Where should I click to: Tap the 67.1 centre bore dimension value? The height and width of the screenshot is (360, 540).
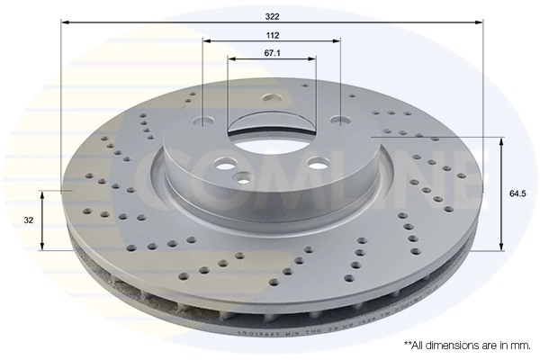[273, 52]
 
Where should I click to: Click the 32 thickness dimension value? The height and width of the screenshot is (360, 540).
[29, 219]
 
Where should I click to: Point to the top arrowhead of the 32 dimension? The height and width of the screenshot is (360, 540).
[42, 194]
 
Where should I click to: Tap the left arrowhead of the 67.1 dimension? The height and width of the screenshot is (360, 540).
[231, 58]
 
